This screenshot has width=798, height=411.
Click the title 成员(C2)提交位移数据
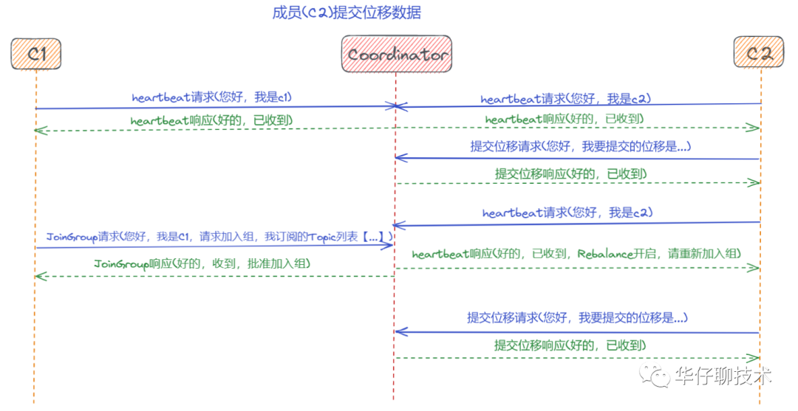[x=347, y=13]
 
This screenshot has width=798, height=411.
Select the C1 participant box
[x=35, y=55]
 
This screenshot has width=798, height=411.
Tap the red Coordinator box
[x=397, y=55]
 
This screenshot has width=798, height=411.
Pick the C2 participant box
[x=758, y=54]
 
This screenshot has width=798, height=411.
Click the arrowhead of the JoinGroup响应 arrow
[x=39, y=276]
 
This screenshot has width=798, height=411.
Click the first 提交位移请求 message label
[x=580, y=146]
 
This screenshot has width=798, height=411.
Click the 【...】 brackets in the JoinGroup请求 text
[x=374, y=237]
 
